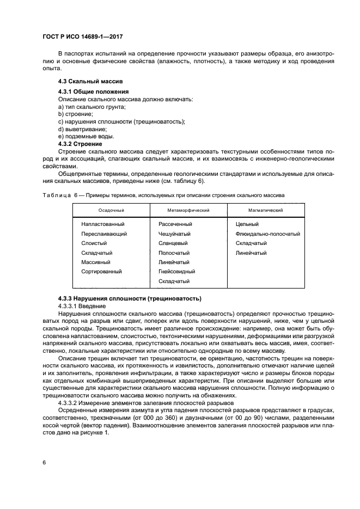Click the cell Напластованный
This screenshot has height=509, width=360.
tap(103, 224)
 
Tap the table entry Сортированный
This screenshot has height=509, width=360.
tap(101, 271)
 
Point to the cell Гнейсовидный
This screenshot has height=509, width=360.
tap(177, 271)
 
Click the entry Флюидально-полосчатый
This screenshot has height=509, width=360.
tap(268, 234)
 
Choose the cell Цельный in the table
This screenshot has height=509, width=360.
tap(247, 224)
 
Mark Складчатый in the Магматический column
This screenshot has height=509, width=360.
tap(251, 243)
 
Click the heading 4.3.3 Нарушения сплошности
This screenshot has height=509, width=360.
tap(130, 298)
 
